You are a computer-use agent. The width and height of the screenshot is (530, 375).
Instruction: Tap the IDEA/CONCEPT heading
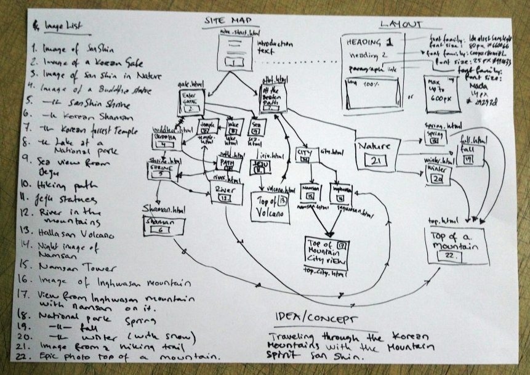(x=316, y=320)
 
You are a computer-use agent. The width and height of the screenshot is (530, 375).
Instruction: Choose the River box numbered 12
(x=226, y=193)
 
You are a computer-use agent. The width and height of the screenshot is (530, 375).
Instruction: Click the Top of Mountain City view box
(x=326, y=252)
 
